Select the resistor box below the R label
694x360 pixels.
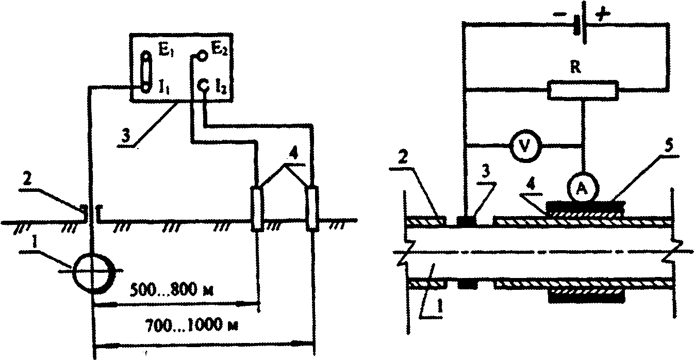pyautogui.click(x=583, y=90)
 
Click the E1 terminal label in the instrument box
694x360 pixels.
pyautogui.click(x=162, y=52)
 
